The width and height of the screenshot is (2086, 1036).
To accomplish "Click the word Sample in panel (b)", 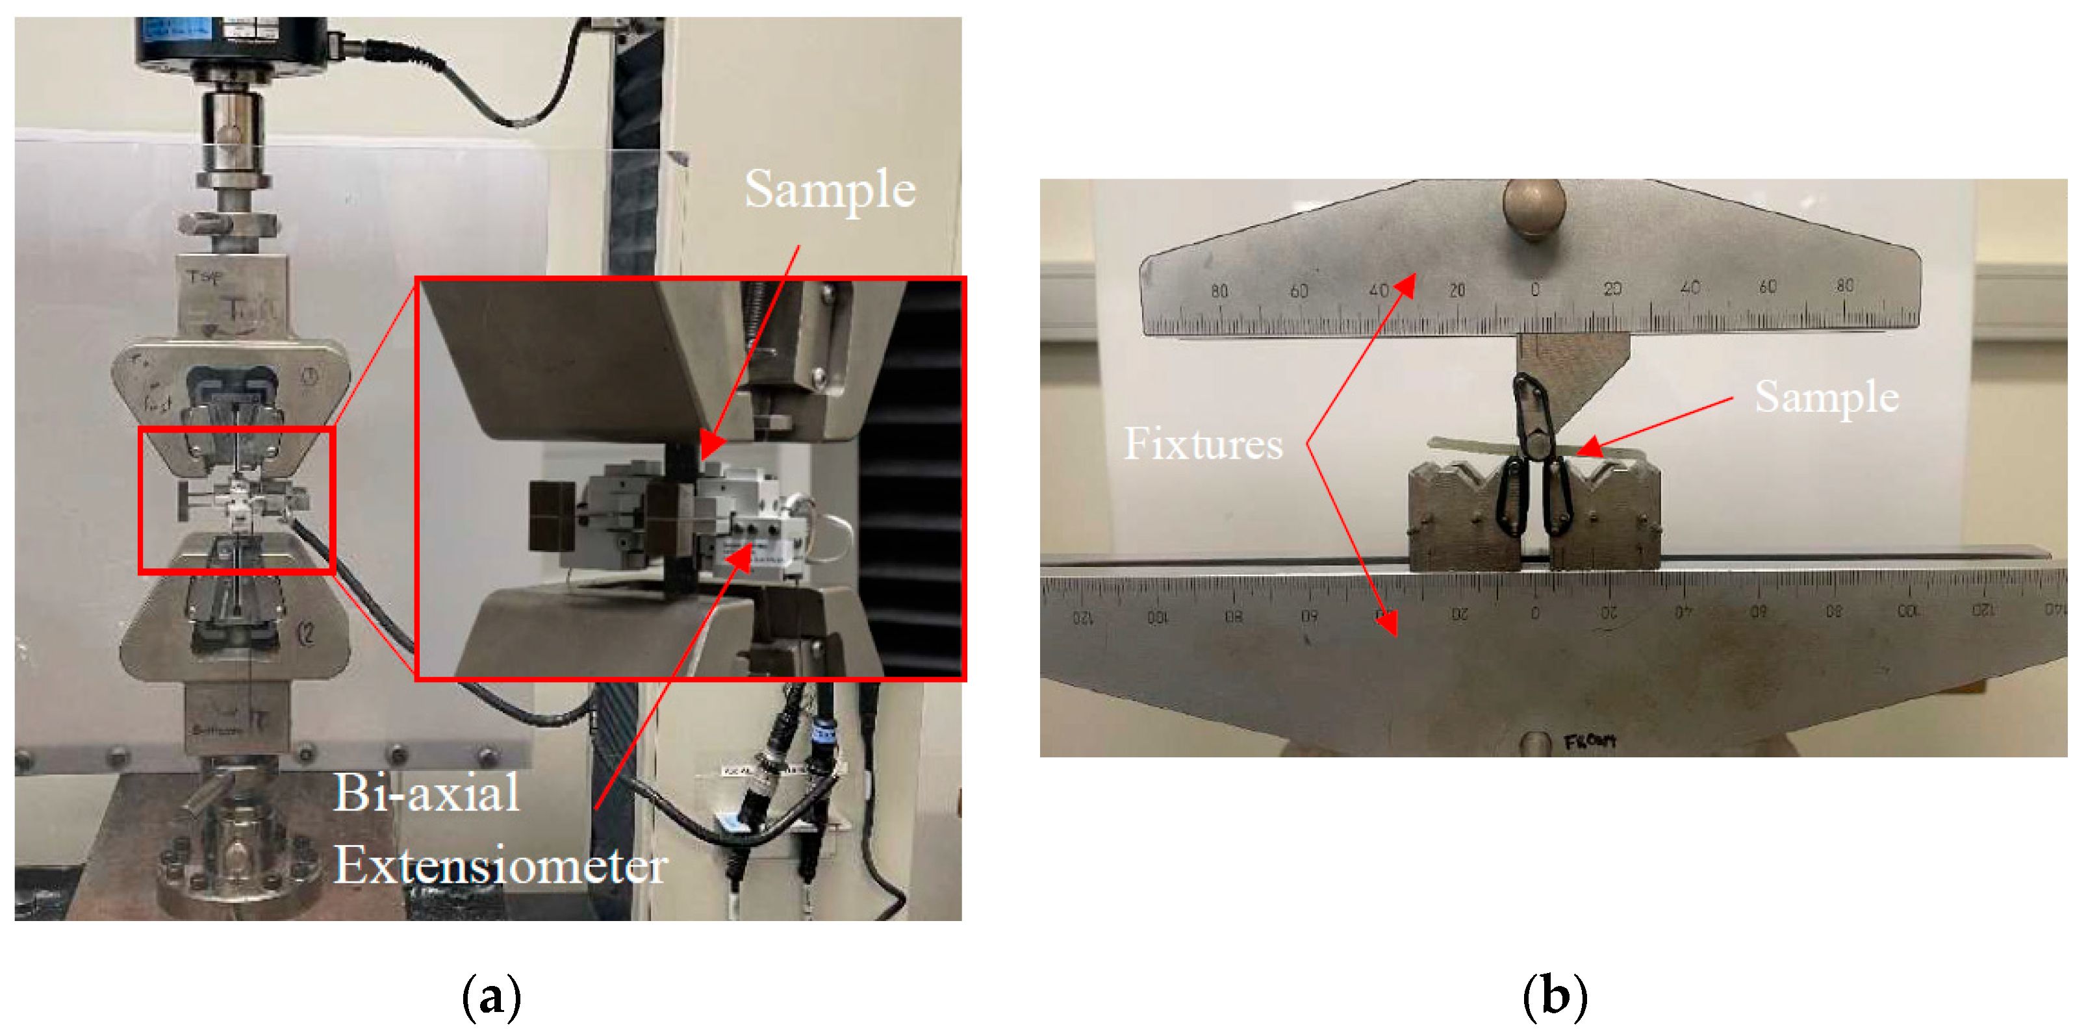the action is click(1826, 398).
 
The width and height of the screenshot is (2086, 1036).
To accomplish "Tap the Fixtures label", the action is click(1202, 444).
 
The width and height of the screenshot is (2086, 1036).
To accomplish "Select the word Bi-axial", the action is click(427, 792).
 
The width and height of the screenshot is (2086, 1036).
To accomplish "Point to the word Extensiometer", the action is click(500, 865).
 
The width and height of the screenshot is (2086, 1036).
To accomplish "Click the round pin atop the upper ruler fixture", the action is click(1534, 207).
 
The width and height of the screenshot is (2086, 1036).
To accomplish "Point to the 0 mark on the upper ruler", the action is click(1534, 290).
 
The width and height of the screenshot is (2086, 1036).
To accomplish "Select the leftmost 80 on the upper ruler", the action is click(1219, 290).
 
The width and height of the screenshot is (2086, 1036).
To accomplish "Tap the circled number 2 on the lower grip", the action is click(306, 635).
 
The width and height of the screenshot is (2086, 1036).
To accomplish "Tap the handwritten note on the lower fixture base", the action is click(1590, 740).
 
